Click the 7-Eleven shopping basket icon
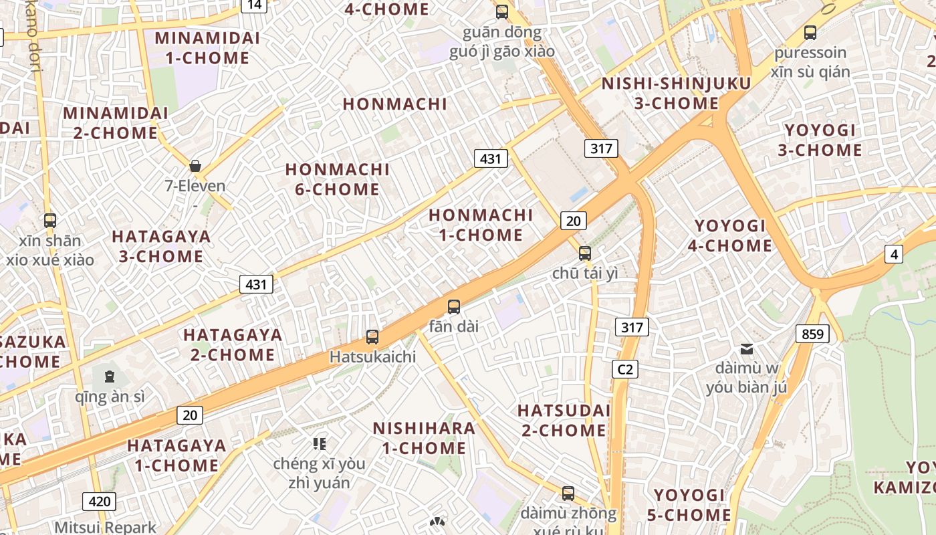tap(195, 166)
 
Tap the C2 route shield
tap(624, 368)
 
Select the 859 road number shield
tap(812, 333)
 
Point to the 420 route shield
tap(99, 501)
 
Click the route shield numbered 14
tap(254, 5)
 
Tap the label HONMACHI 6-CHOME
tap(337, 179)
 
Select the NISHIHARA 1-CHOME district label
tap(424, 438)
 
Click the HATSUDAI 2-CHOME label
tap(564, 420)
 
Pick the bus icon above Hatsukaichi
tap(372, 337)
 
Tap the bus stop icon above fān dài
tap(454, 307)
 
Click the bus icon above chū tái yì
tap(585, 253)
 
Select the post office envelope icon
tap(747, 348)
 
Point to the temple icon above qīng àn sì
tap(110, 376)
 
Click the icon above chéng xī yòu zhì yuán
tap(319, 443)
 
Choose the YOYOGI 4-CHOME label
tap(729, 235)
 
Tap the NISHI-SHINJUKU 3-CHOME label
tap(676, 93)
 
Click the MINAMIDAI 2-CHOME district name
tap(116, 122)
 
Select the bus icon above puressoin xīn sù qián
tap(810, 32)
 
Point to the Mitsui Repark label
tap(105, 527)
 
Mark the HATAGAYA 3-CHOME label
tap(160, 246)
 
